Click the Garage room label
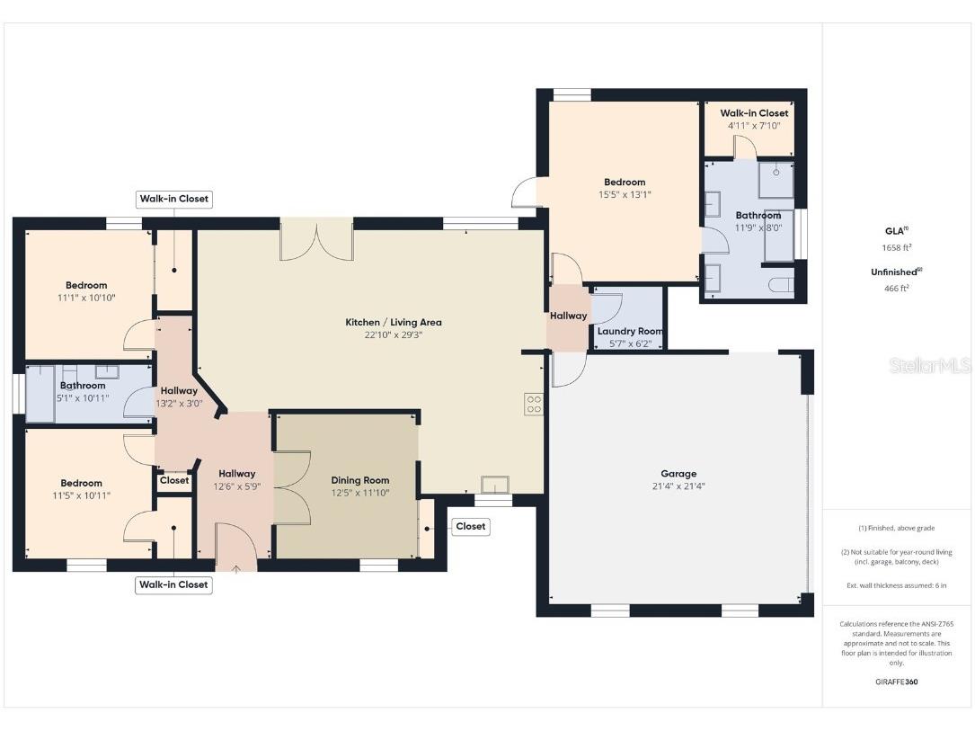click(678, 474)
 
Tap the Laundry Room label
click(630, 331)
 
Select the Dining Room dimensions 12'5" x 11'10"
click(359, 493)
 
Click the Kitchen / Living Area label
click(394, 322)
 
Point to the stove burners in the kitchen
click(534, 405)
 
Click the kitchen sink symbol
click(493, 486)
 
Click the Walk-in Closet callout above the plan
click(174, 199)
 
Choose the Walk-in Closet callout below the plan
click(173, 584)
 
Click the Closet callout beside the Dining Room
click(470, 526)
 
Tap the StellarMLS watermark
click(931, 366)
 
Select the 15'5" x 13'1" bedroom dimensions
click(625, 194)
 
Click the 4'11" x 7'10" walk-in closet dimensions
click(754, 126)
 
